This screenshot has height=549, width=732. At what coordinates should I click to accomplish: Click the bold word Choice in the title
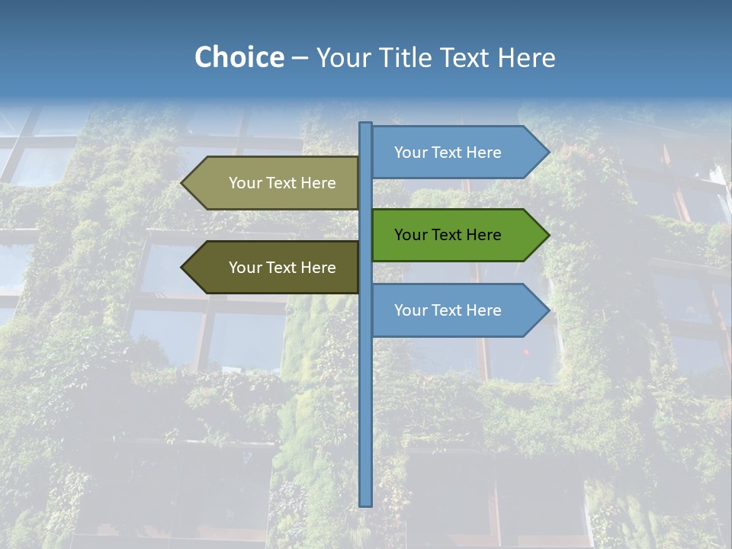pyautogui.click(x=239, y=57)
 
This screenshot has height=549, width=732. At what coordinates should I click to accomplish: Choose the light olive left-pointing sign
pyautogui.click(x=274, y=183)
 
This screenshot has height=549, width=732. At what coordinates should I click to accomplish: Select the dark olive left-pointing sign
pyautogui.click(x=274, y=268)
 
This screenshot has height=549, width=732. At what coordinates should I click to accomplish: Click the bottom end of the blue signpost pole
pyautogui.click(x=366, y=502)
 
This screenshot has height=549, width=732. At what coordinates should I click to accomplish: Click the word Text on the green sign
pyautogui.click(x=447, y=235)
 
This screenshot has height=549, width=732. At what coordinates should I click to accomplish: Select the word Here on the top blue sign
pyautogui.click(x=483, y=152)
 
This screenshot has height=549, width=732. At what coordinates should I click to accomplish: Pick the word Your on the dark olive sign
pyautogui.click(x=245, y=268)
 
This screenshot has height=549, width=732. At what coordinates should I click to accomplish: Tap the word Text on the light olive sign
pyautogui.click(x=281, y=183)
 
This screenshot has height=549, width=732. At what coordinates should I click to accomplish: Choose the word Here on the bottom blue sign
pyautogui.click(x=483, y=310)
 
